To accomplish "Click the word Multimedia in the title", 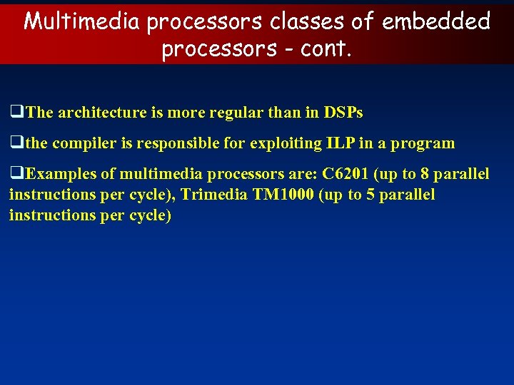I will [82, 21].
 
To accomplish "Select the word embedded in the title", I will [436, 21].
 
